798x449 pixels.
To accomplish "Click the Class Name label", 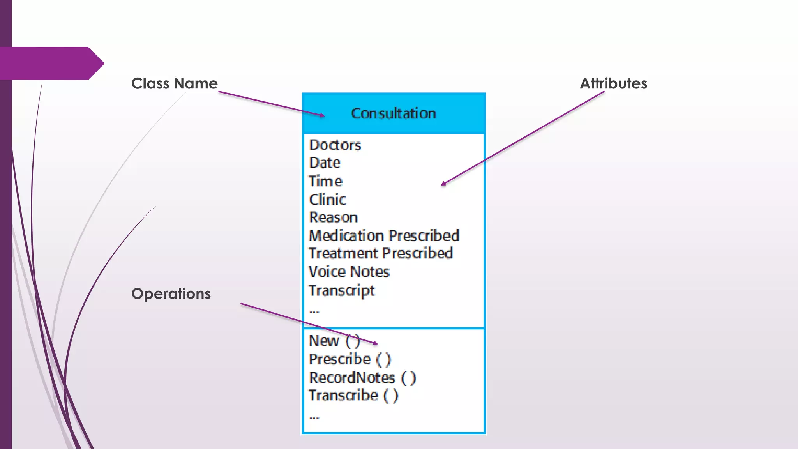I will click(x=174, y=83).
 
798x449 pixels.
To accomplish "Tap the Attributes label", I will click(x=613, y=83).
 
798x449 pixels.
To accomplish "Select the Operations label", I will click(x=171, y=293).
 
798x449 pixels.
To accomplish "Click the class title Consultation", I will click(x=394, y=113).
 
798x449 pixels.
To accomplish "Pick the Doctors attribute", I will click(x=335, y=145).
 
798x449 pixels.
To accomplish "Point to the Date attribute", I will click(x=325, y=163).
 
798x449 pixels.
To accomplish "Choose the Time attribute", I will click(x=325, y=181).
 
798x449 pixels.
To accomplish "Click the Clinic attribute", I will click(x=327, y=200).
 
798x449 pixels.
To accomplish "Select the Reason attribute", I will click(x=333, y=217).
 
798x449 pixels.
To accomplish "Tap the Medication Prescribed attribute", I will click(x=384, y=236).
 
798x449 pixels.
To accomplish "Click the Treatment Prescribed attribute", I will click(x=380, y=253).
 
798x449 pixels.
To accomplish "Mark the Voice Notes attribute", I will click(x=349, y=272).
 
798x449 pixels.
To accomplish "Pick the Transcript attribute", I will click(x=341, y=290).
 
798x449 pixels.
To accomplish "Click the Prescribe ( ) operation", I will click(x=350, y=359).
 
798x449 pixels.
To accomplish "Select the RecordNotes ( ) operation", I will click(x=362, y=378).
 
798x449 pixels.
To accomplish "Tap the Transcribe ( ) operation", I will click(x=353, y=396).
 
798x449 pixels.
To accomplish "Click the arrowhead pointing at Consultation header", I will click(x=322, y=115).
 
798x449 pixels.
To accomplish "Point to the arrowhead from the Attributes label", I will click(x=443, y=184).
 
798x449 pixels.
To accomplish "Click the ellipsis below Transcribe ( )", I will click(x=314, y=417).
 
